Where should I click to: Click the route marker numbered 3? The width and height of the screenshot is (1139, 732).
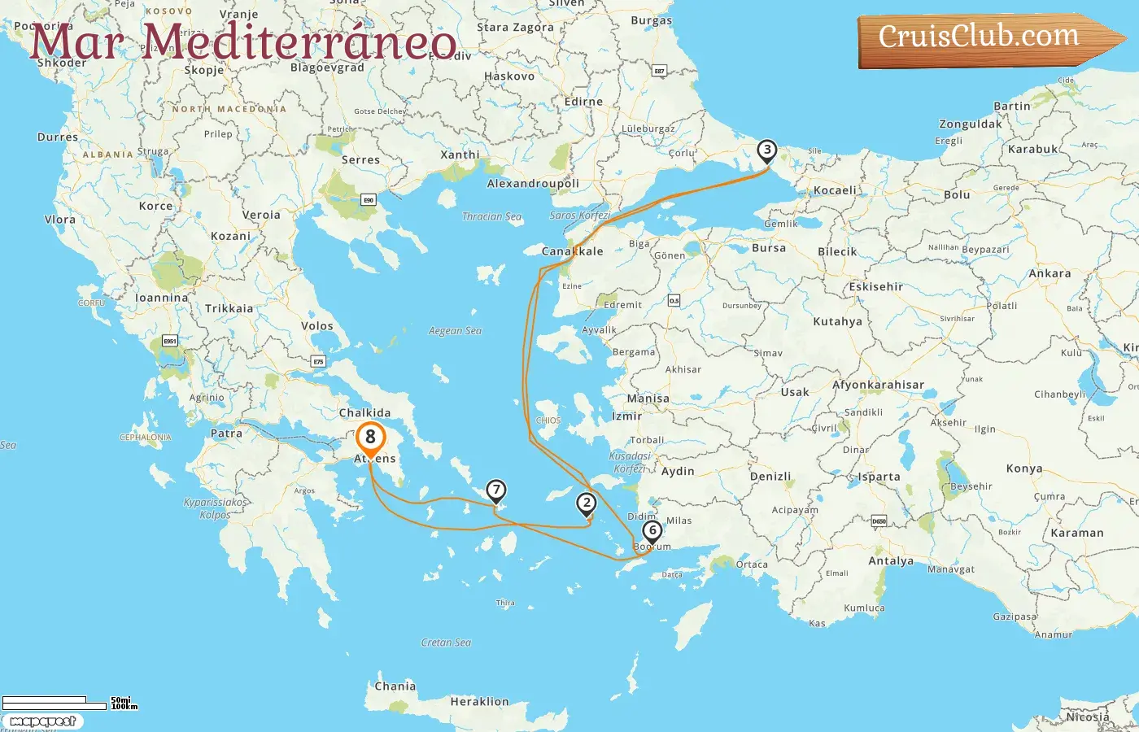pos(766,150)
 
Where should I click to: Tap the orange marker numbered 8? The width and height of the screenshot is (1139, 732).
pos(370,438)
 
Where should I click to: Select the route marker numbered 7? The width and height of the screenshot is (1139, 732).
pos(495,490)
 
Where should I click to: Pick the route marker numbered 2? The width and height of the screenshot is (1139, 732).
pos(586,503)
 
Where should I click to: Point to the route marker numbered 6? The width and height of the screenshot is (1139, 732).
pos(652,531)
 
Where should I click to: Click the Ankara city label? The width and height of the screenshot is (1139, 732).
pos(1050,273)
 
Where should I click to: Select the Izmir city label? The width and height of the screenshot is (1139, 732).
pos(626,416)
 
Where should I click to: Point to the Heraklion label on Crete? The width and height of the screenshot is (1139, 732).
pos(479,701)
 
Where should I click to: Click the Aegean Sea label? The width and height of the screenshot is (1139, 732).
pos(455,331)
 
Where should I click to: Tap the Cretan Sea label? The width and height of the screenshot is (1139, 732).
pos(446,643)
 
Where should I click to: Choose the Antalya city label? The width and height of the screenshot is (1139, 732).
pos(891,560)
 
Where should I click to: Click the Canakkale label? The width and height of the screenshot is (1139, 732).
pos(573,251)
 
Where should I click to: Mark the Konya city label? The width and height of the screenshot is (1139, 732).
pos(1023,468)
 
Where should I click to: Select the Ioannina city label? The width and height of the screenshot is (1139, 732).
pos(161,298)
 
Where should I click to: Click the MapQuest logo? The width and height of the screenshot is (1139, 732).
pos(42,721)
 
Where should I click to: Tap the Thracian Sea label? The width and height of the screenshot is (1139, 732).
pos(491,216)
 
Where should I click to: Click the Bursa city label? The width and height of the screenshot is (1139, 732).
pos(768,247)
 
